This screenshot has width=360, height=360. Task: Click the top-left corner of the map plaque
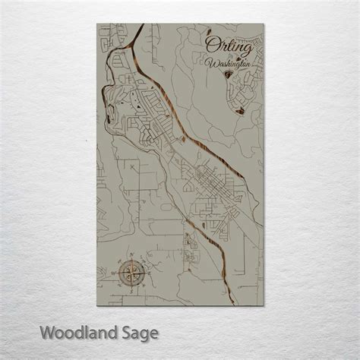(x=97, y=24)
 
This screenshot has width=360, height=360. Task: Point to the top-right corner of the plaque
(x=265, y=24)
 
